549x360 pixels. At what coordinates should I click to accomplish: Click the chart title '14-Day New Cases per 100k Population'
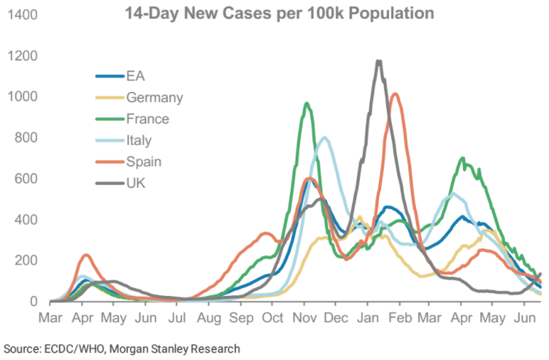[x=278, y=14]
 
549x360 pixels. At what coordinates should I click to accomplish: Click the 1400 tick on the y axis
[x=24, y=14]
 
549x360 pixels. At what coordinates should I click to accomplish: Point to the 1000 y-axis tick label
[x=24, y=97]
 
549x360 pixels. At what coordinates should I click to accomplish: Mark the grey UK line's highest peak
[x=378, y=61]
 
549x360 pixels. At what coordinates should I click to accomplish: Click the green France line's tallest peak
[x=307, y=104]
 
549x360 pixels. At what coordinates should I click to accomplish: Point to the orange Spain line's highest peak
[x=395, y=94]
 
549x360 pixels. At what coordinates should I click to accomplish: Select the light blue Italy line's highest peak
[x=324, y=137]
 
